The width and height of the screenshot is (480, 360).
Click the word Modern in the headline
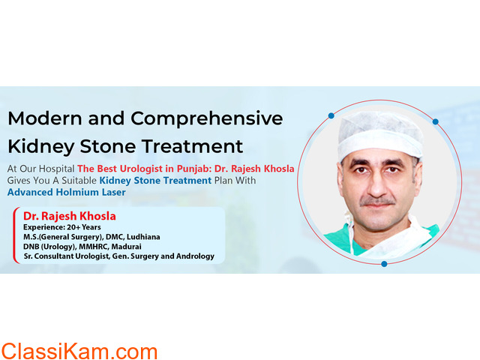pos(45,118)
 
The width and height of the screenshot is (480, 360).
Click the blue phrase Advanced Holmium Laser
pos(67,192)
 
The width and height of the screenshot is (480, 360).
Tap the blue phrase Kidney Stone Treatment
pos(155,181)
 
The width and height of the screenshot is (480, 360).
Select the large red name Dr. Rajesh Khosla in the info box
pos(70,216)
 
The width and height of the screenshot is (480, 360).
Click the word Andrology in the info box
pos(195,256)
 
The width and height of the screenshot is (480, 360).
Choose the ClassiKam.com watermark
pos(79,352)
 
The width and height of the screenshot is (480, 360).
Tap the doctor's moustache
pos(377,202)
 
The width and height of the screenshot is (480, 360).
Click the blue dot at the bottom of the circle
pos(384,264)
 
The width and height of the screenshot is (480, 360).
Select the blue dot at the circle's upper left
pos(331,115)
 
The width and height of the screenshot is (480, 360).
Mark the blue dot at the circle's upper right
pos(435,121)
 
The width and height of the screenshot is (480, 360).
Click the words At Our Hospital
pos(40,169)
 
